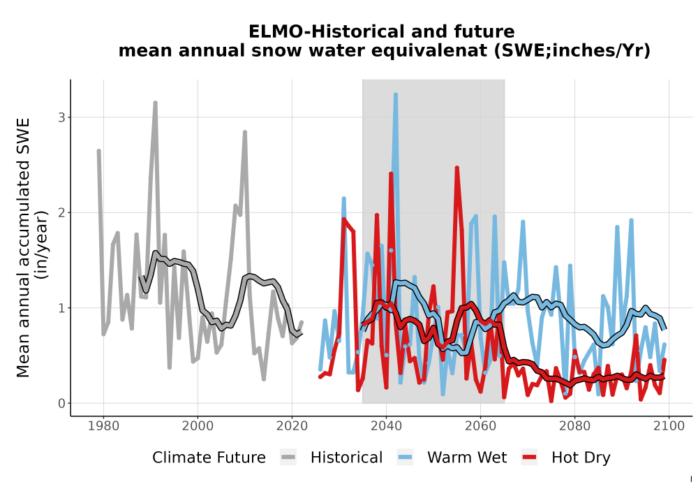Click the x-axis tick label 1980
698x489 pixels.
tap(104, 426)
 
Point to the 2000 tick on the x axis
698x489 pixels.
tap(198, 426)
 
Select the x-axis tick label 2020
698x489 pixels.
tap(292, 426)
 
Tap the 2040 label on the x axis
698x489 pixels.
tap(387, 426)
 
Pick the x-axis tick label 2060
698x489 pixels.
tap(480, 426)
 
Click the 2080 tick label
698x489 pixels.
tap(574, 426)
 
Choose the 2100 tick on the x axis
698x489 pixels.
tap(669, 426)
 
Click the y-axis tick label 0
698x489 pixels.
tap(61, 404)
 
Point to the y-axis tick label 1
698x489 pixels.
tap(61, 308)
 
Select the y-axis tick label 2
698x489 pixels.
tap(61, 213)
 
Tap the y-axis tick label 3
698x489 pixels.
tap(61, 117)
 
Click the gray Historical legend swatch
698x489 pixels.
tap(288, 458)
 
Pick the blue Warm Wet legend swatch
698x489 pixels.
tap(405, 458)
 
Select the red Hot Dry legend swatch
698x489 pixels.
tap(529, 458)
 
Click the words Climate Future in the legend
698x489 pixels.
tap(209, 458)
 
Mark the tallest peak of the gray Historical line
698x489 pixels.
tap(156, 103)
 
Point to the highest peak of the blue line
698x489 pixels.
tap(395, 95)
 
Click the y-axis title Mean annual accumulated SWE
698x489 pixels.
tap(23, 247)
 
